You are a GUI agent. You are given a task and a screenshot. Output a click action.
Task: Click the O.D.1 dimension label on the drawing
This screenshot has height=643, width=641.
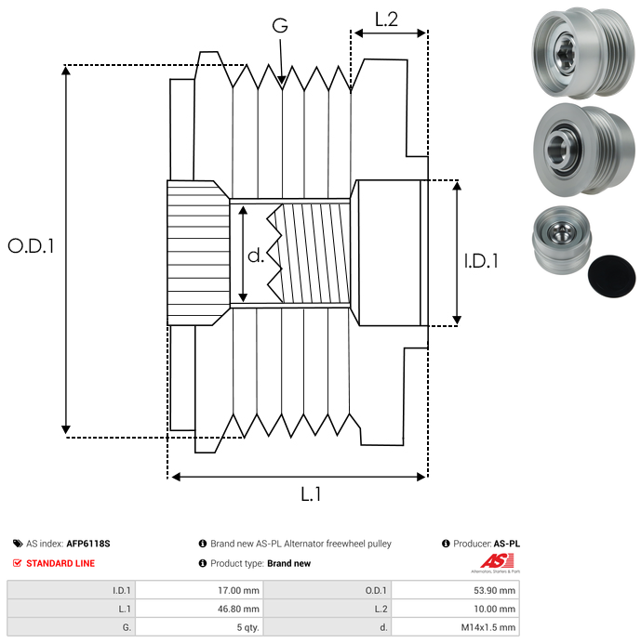[31, 246]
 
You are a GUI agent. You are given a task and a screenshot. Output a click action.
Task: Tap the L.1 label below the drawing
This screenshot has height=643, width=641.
[311, 495]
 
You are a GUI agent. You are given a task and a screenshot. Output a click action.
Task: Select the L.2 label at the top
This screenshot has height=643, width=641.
[386, 18]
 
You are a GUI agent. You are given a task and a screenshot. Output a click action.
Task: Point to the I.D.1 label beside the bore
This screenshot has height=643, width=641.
[481, 261]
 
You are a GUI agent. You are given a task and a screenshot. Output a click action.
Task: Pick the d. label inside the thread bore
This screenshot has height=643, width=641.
[256, 256]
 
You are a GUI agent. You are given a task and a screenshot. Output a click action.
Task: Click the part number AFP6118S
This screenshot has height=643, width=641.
[94, 545]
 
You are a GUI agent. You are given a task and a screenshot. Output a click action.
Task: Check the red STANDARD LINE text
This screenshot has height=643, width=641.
[60, 563]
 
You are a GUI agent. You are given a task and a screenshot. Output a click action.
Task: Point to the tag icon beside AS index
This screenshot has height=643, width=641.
[18, 545]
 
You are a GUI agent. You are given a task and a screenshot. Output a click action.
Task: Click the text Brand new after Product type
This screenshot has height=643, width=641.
[288, 563]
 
